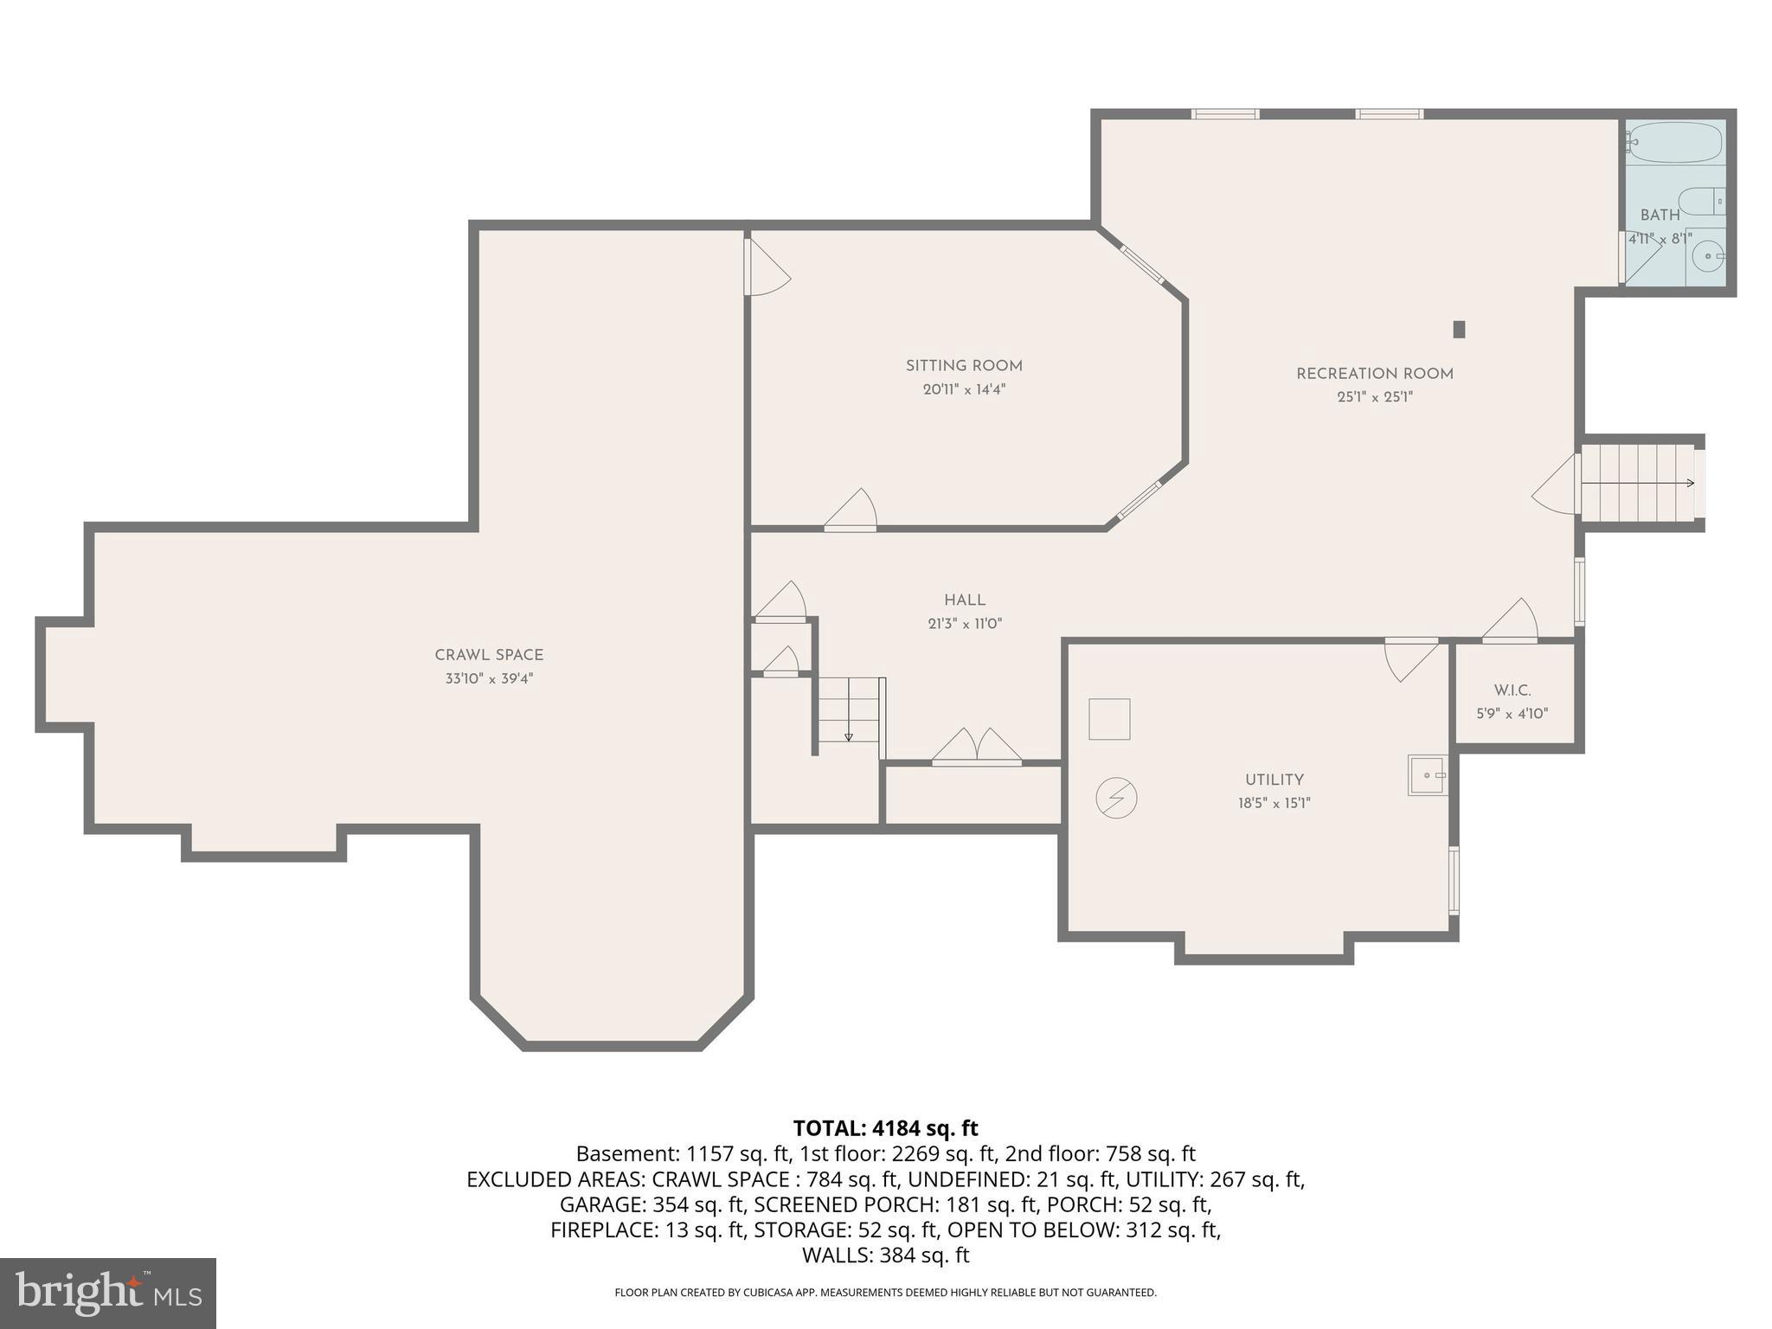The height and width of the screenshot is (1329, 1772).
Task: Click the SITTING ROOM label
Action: point(964,366)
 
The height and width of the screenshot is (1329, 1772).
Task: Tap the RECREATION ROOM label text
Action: point(1374,374)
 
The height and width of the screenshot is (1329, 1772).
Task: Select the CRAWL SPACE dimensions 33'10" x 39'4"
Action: point(489,679)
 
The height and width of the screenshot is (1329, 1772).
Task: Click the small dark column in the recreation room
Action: point(1459,329)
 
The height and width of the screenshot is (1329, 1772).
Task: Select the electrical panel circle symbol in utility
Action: point(1116,798)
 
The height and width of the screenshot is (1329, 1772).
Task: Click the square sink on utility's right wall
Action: point(1427,775)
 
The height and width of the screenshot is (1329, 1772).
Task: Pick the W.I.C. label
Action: point(1512,690)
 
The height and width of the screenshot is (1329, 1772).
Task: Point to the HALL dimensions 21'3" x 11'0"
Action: point(965,624)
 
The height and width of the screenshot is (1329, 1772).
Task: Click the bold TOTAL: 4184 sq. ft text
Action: point(885,1128)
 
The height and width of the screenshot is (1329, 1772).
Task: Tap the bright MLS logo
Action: point(108,1293)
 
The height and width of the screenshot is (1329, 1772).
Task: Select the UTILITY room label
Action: point(1274,780)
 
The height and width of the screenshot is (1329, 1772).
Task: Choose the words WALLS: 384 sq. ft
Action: point(885,1255)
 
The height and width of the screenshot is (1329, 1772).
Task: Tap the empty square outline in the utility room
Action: point(1109,719)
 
